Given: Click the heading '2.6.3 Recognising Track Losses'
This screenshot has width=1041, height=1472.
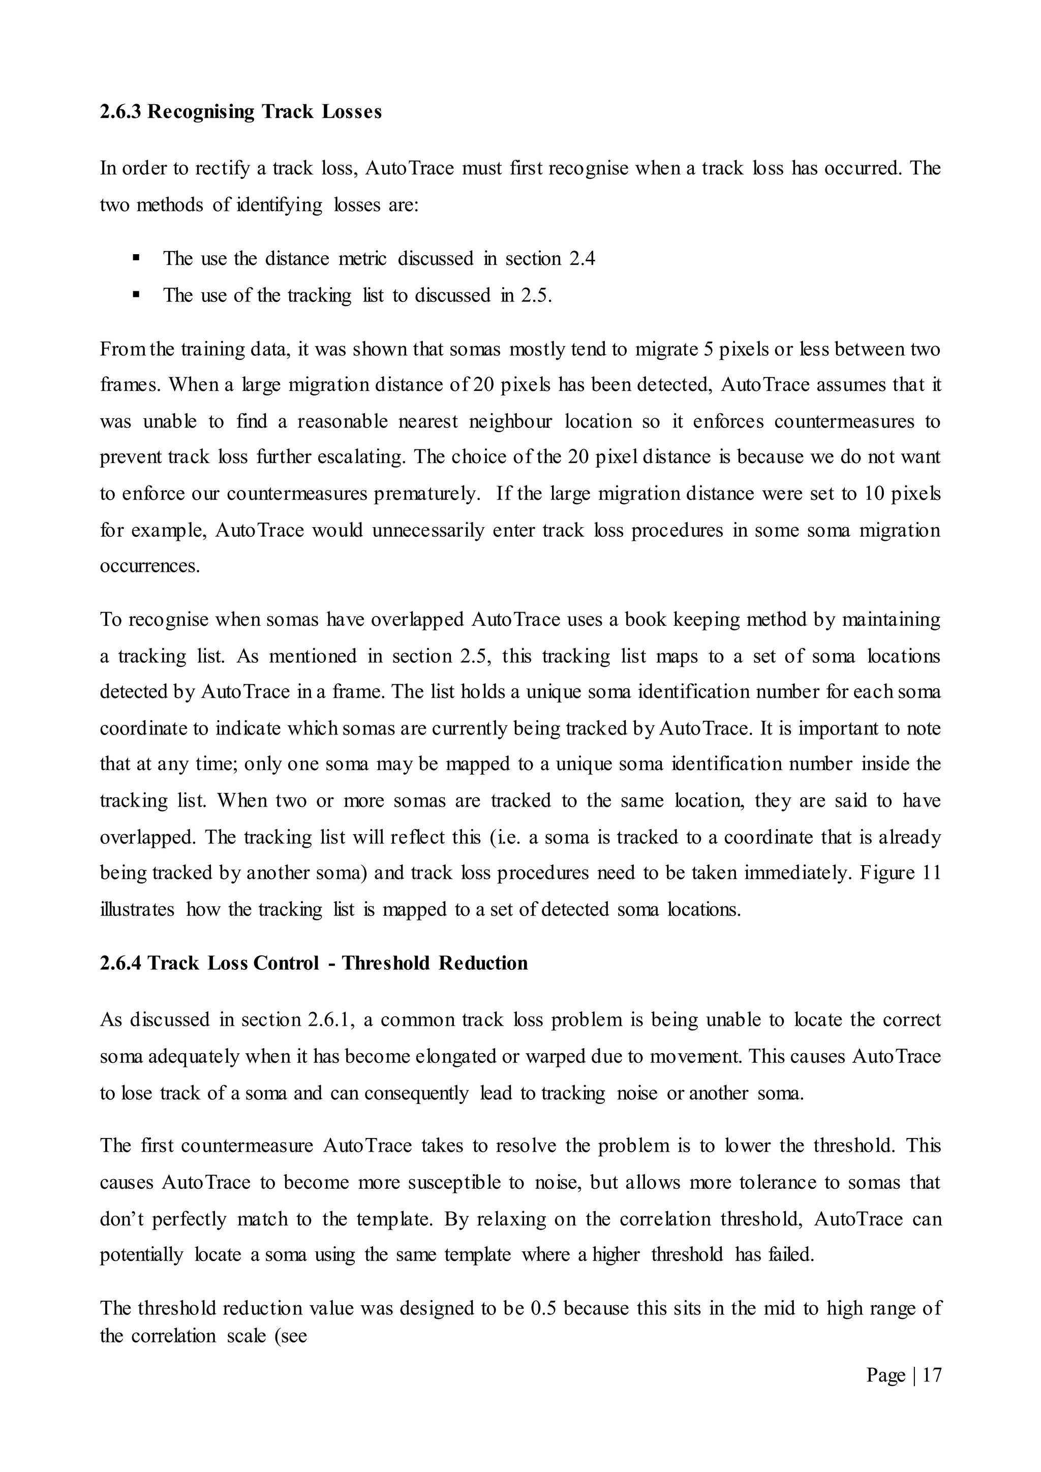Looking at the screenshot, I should coord(240,112).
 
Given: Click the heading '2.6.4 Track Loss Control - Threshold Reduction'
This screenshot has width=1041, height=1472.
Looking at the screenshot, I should coord(314,963).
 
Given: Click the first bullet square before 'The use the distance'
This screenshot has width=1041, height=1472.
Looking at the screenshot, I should coord(136,258).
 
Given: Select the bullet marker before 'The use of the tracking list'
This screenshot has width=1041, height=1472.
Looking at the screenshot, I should coord(136,295).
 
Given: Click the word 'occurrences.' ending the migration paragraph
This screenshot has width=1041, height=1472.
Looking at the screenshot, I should coord(150,566).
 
